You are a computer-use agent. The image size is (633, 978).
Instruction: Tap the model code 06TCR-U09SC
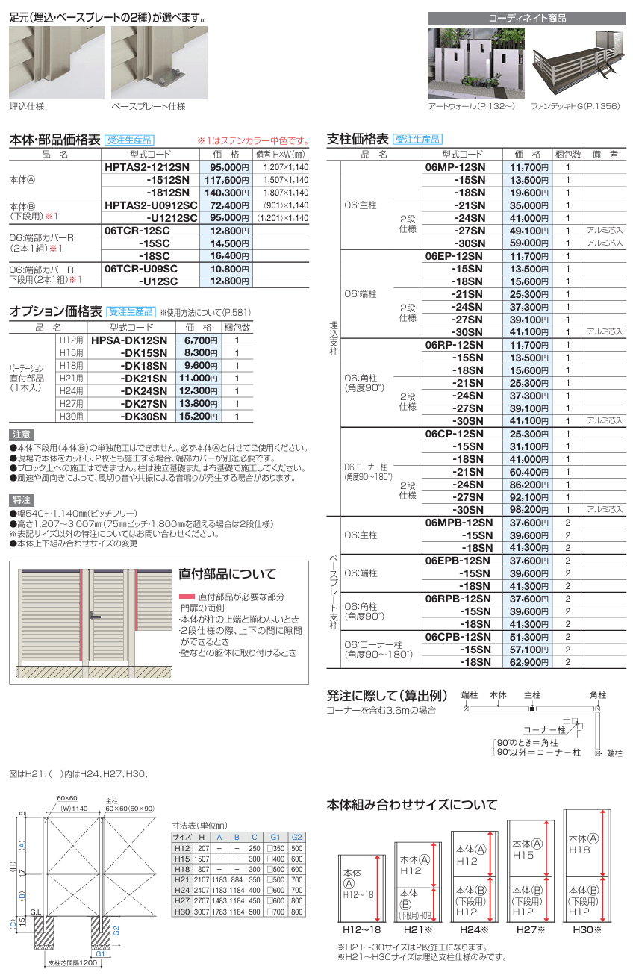[x=141, y=269]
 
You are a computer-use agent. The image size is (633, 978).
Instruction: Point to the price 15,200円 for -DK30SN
[x=201, y=417]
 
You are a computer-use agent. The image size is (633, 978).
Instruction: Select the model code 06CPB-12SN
[x=458, y=638]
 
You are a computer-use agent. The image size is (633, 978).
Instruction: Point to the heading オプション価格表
[x=55, y=311]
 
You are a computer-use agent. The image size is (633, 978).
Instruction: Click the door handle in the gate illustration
[x=94, y=616]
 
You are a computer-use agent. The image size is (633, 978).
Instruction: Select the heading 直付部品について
[x=227, y=575]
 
